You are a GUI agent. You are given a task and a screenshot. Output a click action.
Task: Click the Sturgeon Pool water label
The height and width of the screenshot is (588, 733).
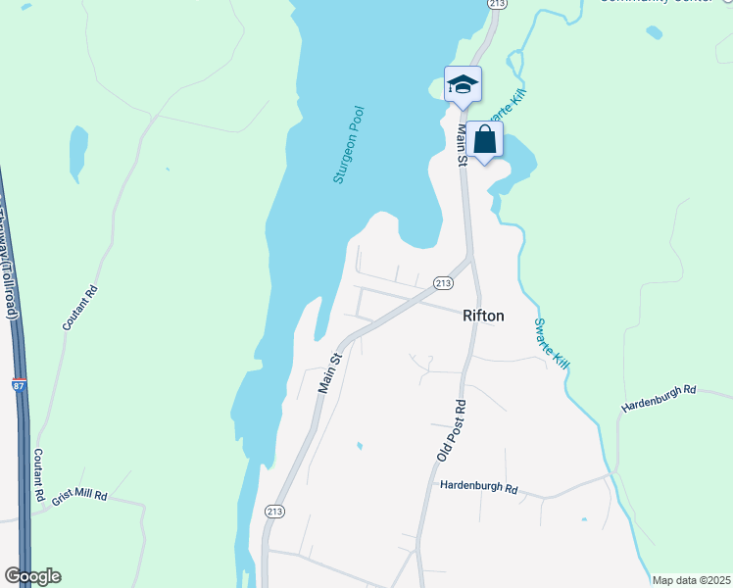click(348, 145)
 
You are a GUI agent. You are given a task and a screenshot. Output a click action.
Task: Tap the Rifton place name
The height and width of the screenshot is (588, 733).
click(483, 316)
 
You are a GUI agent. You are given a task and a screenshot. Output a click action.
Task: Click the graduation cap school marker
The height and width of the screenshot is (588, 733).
click(463, 85)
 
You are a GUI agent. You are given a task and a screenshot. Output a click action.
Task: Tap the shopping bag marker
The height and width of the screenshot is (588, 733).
click(484, 140)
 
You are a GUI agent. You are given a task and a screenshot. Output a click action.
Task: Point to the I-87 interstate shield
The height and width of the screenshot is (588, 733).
click(20, 385)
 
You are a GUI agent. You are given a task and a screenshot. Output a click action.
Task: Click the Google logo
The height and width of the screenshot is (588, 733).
click(32, 576)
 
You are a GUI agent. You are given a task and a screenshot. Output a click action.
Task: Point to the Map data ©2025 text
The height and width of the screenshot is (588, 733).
click(690, 580)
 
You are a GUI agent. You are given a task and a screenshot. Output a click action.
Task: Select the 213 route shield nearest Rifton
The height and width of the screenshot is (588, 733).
click(443, 282)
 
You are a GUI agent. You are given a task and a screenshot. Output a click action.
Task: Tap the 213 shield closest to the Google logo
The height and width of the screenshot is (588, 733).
click(274, 511)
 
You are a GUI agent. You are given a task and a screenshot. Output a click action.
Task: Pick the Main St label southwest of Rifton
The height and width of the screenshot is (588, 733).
click(329, 373)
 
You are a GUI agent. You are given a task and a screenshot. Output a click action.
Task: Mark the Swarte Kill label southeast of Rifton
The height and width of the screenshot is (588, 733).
click(552, 343)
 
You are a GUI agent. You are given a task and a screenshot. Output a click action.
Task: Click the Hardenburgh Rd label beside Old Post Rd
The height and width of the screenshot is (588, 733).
click(478, 486)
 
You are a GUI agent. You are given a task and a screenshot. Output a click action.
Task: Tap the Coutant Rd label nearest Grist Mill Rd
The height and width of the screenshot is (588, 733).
click(38, 476)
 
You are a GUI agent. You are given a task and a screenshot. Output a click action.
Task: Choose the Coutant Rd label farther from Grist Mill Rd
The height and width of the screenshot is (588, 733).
click(80, 306)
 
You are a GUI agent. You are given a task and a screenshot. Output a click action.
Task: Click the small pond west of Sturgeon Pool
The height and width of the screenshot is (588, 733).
click(77, 154)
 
